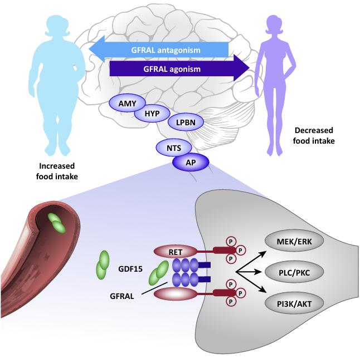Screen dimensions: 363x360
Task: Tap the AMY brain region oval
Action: click(x=127, y=103)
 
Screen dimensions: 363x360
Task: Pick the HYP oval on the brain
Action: click(x=152, y=113)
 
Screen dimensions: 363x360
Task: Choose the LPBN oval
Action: click(x=186, y=121)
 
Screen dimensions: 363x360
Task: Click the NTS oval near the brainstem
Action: click(x=174, y=148)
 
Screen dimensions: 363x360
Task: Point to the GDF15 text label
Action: click(x=131, y=269)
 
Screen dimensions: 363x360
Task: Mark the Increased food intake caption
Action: click(x=57, y=171)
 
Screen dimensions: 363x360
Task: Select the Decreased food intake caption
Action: click(x=314, y=136)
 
